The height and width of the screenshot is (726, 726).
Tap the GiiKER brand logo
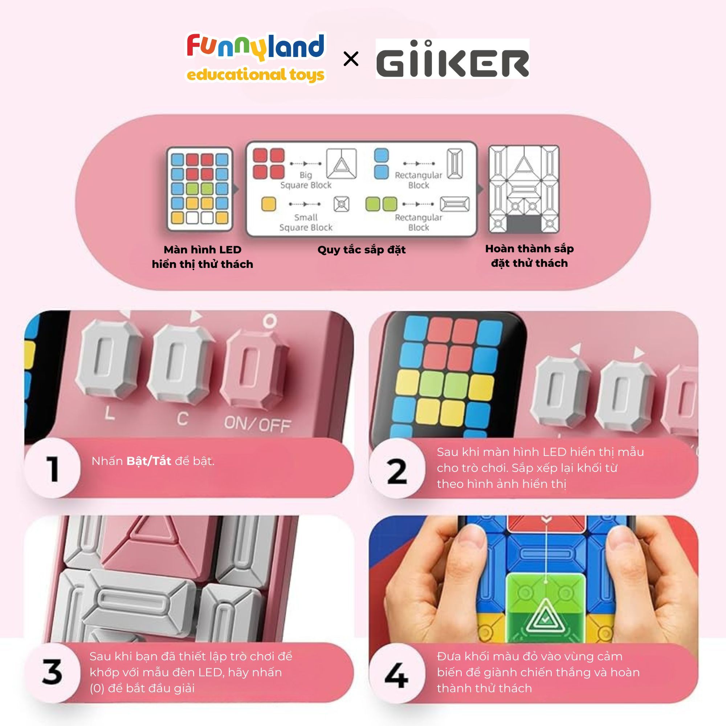click(452, 59)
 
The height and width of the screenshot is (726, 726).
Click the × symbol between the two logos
click(351, 60)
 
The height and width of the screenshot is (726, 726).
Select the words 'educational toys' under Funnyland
click(256, 75)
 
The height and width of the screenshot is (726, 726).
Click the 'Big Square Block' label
click(306, 180)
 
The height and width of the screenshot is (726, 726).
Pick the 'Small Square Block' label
click(306, 223)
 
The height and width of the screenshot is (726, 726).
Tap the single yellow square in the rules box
click(269, 204)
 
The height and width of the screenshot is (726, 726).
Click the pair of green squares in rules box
click(381, 204)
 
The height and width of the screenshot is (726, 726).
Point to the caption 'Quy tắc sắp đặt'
click(362, 250)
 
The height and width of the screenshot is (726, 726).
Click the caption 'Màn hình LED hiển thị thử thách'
click(203, 257)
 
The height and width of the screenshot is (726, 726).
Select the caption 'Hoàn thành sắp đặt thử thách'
click(530, 256)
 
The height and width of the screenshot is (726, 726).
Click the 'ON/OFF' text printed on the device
click(258, 424)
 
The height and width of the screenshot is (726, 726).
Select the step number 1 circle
click(53, 468)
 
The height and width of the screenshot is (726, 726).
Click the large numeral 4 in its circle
click(397, 676)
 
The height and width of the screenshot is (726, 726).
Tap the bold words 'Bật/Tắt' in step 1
click(149, 461)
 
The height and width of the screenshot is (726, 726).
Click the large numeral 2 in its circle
click(397, 471)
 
